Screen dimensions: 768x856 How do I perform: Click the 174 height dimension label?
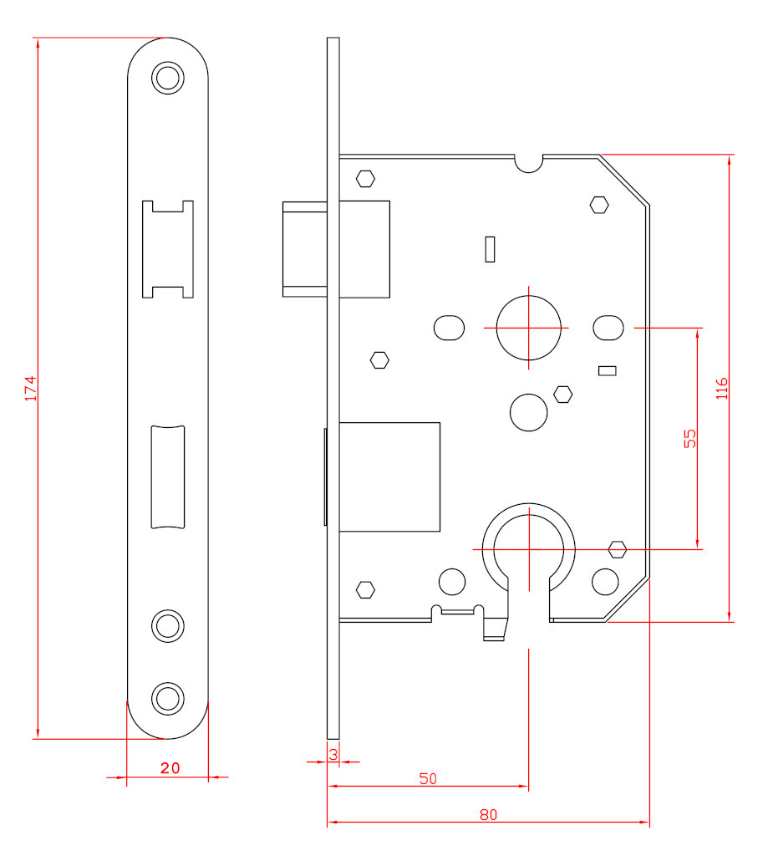tap(31, 388)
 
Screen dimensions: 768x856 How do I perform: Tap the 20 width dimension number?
tap(170, 768)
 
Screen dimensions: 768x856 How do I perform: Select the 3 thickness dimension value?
tap(333, 755)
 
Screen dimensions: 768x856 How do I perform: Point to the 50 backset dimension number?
tap(428, 778)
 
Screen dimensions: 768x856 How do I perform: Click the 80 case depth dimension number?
tap(489, 815)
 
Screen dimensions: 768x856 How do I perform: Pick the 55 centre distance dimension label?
tap(690, 438)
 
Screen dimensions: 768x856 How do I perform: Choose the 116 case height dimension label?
tap(721, 388)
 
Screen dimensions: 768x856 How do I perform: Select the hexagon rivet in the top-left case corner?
tap(366, 179)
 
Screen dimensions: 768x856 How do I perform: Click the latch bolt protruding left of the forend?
tap(304, 249)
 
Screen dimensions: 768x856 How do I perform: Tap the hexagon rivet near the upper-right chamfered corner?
tap(599, 205)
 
